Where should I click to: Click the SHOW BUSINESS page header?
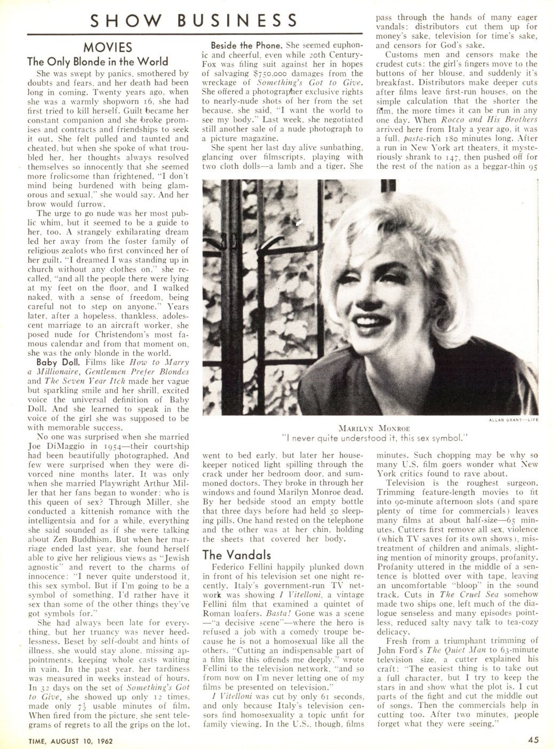click(194, 20)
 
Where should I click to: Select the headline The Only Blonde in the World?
click(98, 61)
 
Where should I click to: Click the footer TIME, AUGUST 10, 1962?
click(67, 740)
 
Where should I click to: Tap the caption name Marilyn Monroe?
click(374, 428)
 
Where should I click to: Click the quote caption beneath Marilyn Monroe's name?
click(374, 438)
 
